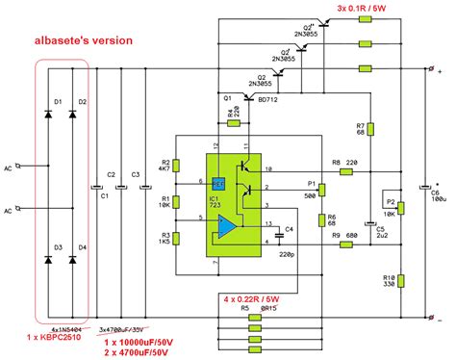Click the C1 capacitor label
[104, 196]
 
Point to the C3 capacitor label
[135, 174]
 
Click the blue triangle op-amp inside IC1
[227, 228]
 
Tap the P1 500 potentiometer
[312, 188]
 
